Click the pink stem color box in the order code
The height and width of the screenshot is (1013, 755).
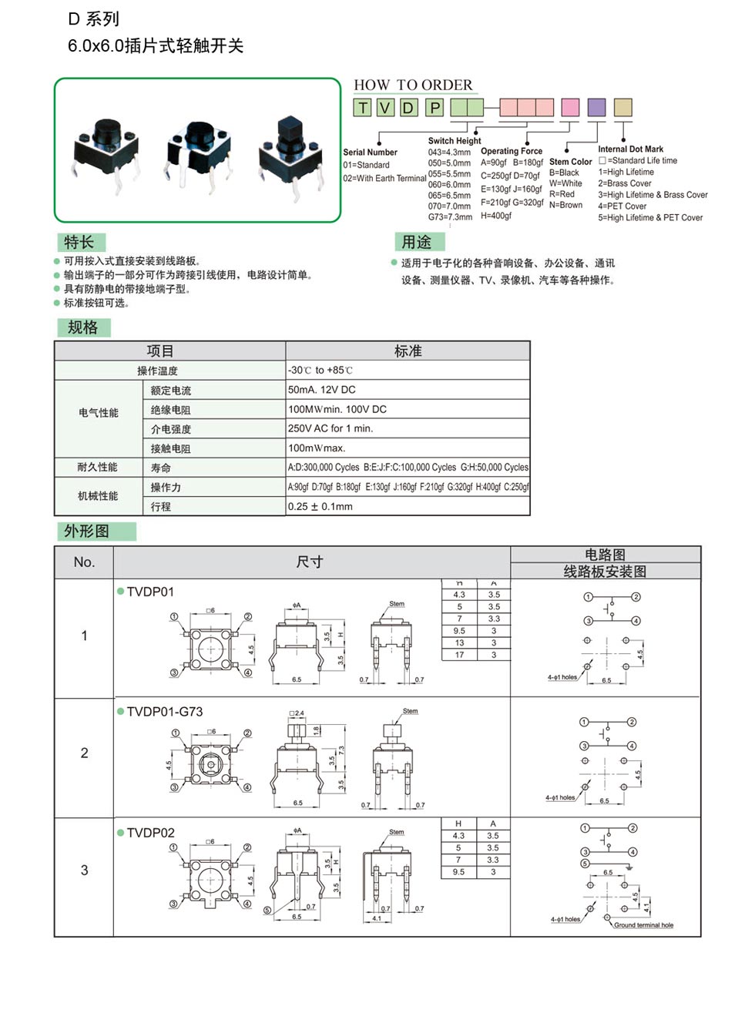(569, 107)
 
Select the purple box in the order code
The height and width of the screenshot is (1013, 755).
(596, 107)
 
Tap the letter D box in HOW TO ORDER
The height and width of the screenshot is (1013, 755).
(409, 108)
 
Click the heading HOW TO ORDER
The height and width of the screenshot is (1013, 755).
(413, 85)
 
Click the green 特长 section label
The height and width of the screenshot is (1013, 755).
(79, 242)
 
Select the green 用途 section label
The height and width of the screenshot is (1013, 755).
(417, 242)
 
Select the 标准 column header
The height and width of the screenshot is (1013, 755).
(408, 351)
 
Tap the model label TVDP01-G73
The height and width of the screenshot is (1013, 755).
(164, 712)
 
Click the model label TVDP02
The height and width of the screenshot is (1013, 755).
(150, 833)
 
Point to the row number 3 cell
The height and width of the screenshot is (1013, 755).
(85, 870)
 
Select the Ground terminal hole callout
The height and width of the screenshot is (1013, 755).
(643, 925)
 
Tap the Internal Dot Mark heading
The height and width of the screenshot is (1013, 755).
(630, 149)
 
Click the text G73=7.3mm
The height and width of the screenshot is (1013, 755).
(450, 217)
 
